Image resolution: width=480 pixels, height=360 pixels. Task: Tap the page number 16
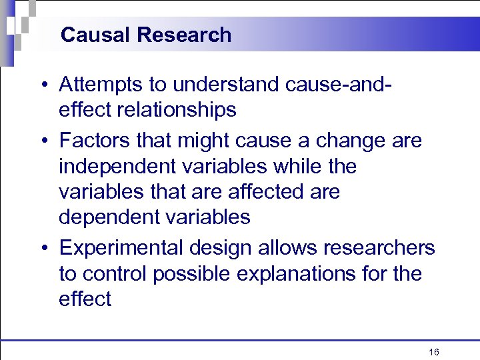point(434,352)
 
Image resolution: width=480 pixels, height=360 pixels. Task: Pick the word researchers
point(378,248)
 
